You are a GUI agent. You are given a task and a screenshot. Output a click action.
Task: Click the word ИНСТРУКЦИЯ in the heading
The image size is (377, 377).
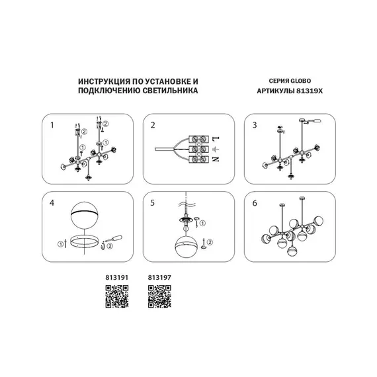coord(105,81)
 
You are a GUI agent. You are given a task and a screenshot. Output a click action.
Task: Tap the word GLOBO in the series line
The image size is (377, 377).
coord(300,81)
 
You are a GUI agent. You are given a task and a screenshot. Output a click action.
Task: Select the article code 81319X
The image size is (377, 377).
coord(310,91)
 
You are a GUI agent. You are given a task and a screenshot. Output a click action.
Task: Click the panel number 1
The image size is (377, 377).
coord(52,125)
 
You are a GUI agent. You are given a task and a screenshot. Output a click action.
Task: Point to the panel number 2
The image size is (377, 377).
coord(153,125)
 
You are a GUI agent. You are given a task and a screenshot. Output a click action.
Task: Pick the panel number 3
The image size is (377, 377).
coord(255,125)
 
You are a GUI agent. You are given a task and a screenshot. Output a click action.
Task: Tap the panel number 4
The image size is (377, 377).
coord(52,203)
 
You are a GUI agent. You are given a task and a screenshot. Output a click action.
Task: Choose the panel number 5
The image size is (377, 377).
coord(152,203)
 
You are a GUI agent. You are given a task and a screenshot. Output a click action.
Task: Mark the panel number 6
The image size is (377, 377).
coord(255,203)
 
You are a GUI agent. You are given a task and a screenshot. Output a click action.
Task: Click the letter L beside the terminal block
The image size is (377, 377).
coord(216,139)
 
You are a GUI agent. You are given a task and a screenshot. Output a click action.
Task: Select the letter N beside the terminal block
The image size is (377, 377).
coord(216,159)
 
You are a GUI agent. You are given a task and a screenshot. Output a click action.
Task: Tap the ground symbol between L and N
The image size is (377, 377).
coord(216,149)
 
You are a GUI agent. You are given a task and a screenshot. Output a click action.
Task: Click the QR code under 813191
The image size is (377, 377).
coord(117,296)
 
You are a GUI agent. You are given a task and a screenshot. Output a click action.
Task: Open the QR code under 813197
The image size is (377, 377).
coord(159,296)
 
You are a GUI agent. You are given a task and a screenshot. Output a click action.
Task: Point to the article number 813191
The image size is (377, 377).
coord(117,278)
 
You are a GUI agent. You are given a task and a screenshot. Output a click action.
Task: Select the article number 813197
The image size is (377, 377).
coord(159,278)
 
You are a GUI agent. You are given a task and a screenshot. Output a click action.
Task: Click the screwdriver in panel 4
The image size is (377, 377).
coord(113,239)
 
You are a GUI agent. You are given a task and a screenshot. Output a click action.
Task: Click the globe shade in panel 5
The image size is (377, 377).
coord(186,246)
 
